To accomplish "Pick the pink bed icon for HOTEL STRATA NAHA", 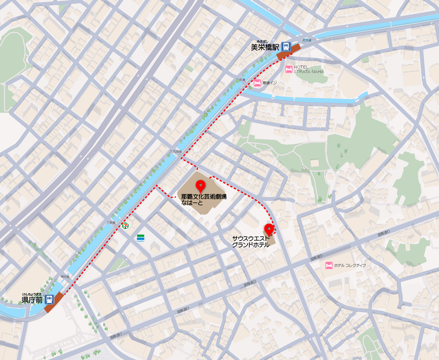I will tap(288, 69).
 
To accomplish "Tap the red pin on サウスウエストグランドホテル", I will tap(268, 228).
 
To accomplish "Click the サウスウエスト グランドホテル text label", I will tap(251, 241).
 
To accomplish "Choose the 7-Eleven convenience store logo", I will tap(126, 225).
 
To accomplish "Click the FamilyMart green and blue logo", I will tap(140, 237).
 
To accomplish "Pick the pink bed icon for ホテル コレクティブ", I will tap(328, 265).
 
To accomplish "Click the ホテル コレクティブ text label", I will tap(350, 266).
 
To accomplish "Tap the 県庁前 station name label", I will tap(32, 300).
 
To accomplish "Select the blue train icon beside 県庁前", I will tap(50, 299).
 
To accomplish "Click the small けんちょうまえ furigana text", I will tap(32, 294).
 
